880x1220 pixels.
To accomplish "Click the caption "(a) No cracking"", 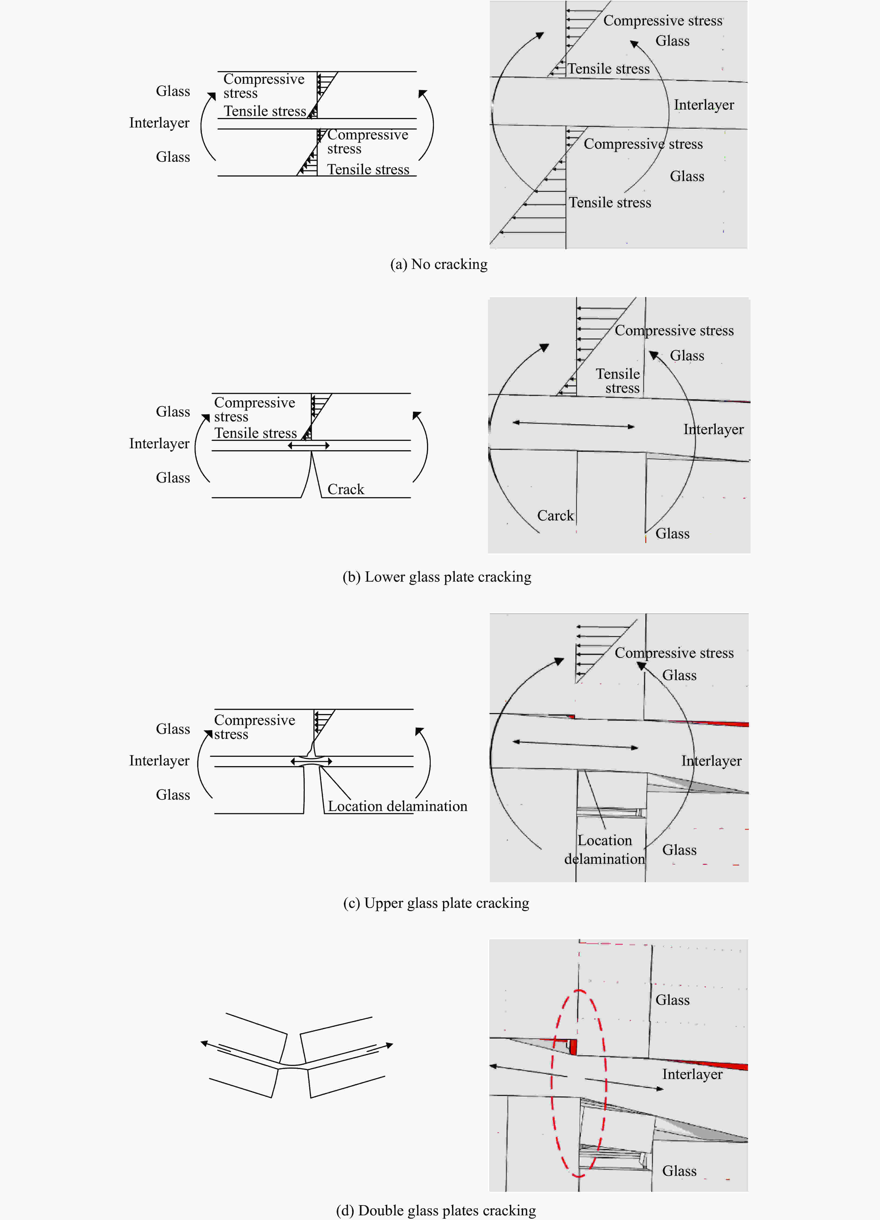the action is [439, 264].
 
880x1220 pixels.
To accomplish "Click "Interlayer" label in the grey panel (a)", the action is [704, 105].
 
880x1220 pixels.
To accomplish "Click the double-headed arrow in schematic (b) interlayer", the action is [308, 445].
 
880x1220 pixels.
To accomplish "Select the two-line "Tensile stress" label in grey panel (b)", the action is [618, 381].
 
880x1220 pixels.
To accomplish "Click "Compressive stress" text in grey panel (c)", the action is [674, 653].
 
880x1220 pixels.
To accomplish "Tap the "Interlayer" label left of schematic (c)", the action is [159, 761].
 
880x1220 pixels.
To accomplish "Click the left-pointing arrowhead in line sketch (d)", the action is [205, 1043].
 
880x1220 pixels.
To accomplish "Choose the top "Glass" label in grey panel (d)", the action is [672, 1000].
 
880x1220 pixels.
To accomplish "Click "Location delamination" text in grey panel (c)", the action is [604, 850].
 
